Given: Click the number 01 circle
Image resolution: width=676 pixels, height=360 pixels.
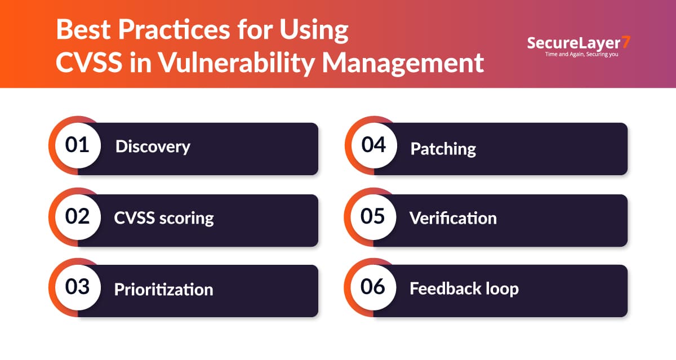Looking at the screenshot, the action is tap(78, 145).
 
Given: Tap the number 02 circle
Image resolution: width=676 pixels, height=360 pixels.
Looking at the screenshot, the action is tap(78, 217).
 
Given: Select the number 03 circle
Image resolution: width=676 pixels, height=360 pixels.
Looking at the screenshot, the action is tap(78, 287).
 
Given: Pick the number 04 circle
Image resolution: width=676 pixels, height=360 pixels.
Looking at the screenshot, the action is tap(374, 145).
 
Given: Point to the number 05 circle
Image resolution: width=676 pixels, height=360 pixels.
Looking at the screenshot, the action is tap(373, 217).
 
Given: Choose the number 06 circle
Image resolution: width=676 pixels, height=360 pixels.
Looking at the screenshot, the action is tap(373, 287).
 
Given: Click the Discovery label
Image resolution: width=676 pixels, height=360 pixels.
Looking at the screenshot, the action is tap(153, 147).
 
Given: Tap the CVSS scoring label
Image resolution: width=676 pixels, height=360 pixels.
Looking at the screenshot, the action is tap(164, 218).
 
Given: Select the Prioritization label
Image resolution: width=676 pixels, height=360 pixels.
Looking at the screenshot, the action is tap(163, 290).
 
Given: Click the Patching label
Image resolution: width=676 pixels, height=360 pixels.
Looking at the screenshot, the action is tap(443, 149).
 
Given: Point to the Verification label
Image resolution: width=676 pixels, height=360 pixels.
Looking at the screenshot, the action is tap(453, 218).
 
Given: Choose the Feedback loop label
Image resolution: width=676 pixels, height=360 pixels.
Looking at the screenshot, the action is tap(464, 289).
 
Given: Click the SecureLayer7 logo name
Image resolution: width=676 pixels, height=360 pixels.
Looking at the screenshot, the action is tap(579, 43).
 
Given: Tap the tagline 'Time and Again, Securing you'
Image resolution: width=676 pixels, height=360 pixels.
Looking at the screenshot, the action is tap(581, 54).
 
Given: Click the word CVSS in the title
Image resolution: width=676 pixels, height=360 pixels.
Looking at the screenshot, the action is tap(89, 63).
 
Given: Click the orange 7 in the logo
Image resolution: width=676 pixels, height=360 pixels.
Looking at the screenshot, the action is tap(626, 42).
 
